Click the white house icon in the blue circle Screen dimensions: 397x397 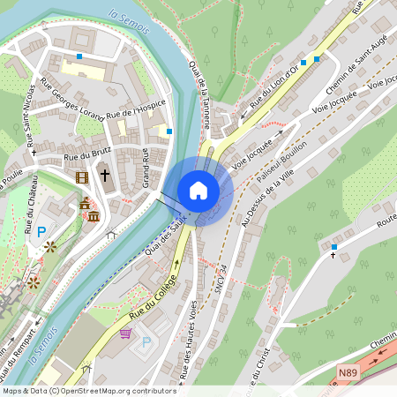pyautogui.click(x=198, y=191)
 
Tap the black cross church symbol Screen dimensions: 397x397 pyautogui.click(x=104, y=175)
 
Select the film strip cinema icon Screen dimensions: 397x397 pyautogui.click(x=82, y=177)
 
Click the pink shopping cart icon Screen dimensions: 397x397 pyautogui.click(x=125, y=333)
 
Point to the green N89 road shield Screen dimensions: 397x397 pyautogui.click(x=349, y=374)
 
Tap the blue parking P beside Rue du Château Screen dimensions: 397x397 pyautogui.click(x=41, y=231)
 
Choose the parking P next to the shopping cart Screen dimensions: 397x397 pyautogui.click(x=146, y=341)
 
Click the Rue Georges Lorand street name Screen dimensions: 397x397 pyautogui.click(x=71, y=98)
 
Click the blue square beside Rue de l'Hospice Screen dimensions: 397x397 pyautogui.click(x=169, y=131)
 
